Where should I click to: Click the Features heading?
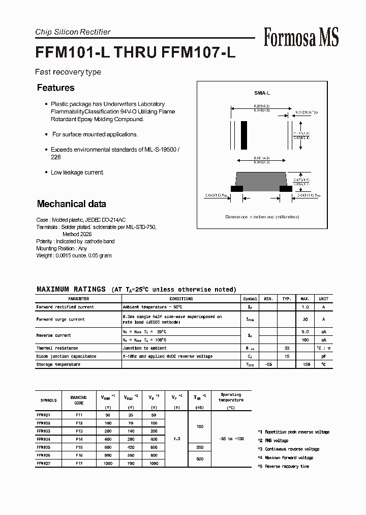(56, 88)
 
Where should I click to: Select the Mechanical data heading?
(72, 204)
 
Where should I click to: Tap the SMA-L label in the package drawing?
(262, 93)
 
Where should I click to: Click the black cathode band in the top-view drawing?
(244, 135)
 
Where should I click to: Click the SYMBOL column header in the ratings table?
(250, 299)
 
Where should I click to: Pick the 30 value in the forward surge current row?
(305, 320)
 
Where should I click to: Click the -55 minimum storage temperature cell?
(269, 365)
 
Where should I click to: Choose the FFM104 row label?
(43, 439)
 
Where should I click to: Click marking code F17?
(79, 464)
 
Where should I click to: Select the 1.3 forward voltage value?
(177, 439)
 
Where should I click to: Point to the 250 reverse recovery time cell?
(200, 447)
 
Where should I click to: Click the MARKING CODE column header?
(79, 400)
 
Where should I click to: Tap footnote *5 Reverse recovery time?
(283, 466)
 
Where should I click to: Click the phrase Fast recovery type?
(68, 72)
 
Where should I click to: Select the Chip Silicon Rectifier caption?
(73, 32)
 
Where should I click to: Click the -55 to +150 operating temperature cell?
(231, 439)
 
